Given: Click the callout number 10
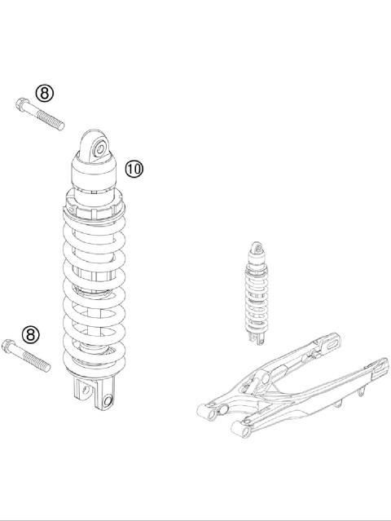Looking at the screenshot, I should [134, 169].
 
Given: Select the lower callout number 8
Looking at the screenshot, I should [30, 333].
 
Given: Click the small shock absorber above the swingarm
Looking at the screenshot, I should [257, 294].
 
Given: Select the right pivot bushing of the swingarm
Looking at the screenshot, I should [239, 425].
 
